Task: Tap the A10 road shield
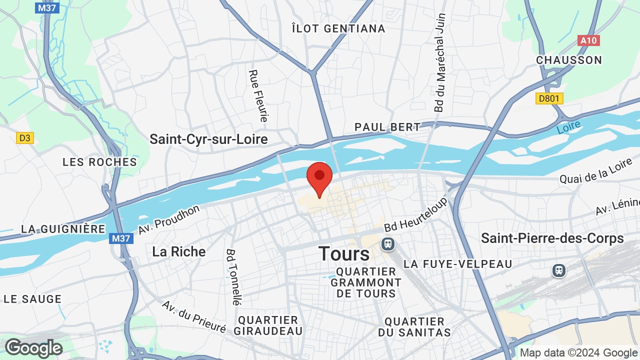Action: point(588,40)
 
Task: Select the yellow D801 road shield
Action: point(549,98)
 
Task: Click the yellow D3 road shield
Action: point(24,137)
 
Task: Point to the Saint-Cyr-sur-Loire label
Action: point(208,139)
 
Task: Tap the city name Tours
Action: point(344,254)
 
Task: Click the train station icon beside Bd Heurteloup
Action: point(387,244)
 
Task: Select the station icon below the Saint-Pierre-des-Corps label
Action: point(558,270)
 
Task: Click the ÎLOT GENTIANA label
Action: point(338,28)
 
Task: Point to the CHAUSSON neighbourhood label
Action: point(569,60)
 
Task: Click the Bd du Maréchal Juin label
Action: point(440,62)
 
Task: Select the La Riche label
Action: point(178,251)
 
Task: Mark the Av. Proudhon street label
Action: point(169,219)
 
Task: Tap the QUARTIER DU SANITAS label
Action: point(414,326)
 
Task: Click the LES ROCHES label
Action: point(99,162)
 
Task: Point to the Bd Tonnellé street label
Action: point(233,277)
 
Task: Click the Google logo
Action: point(33,348)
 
